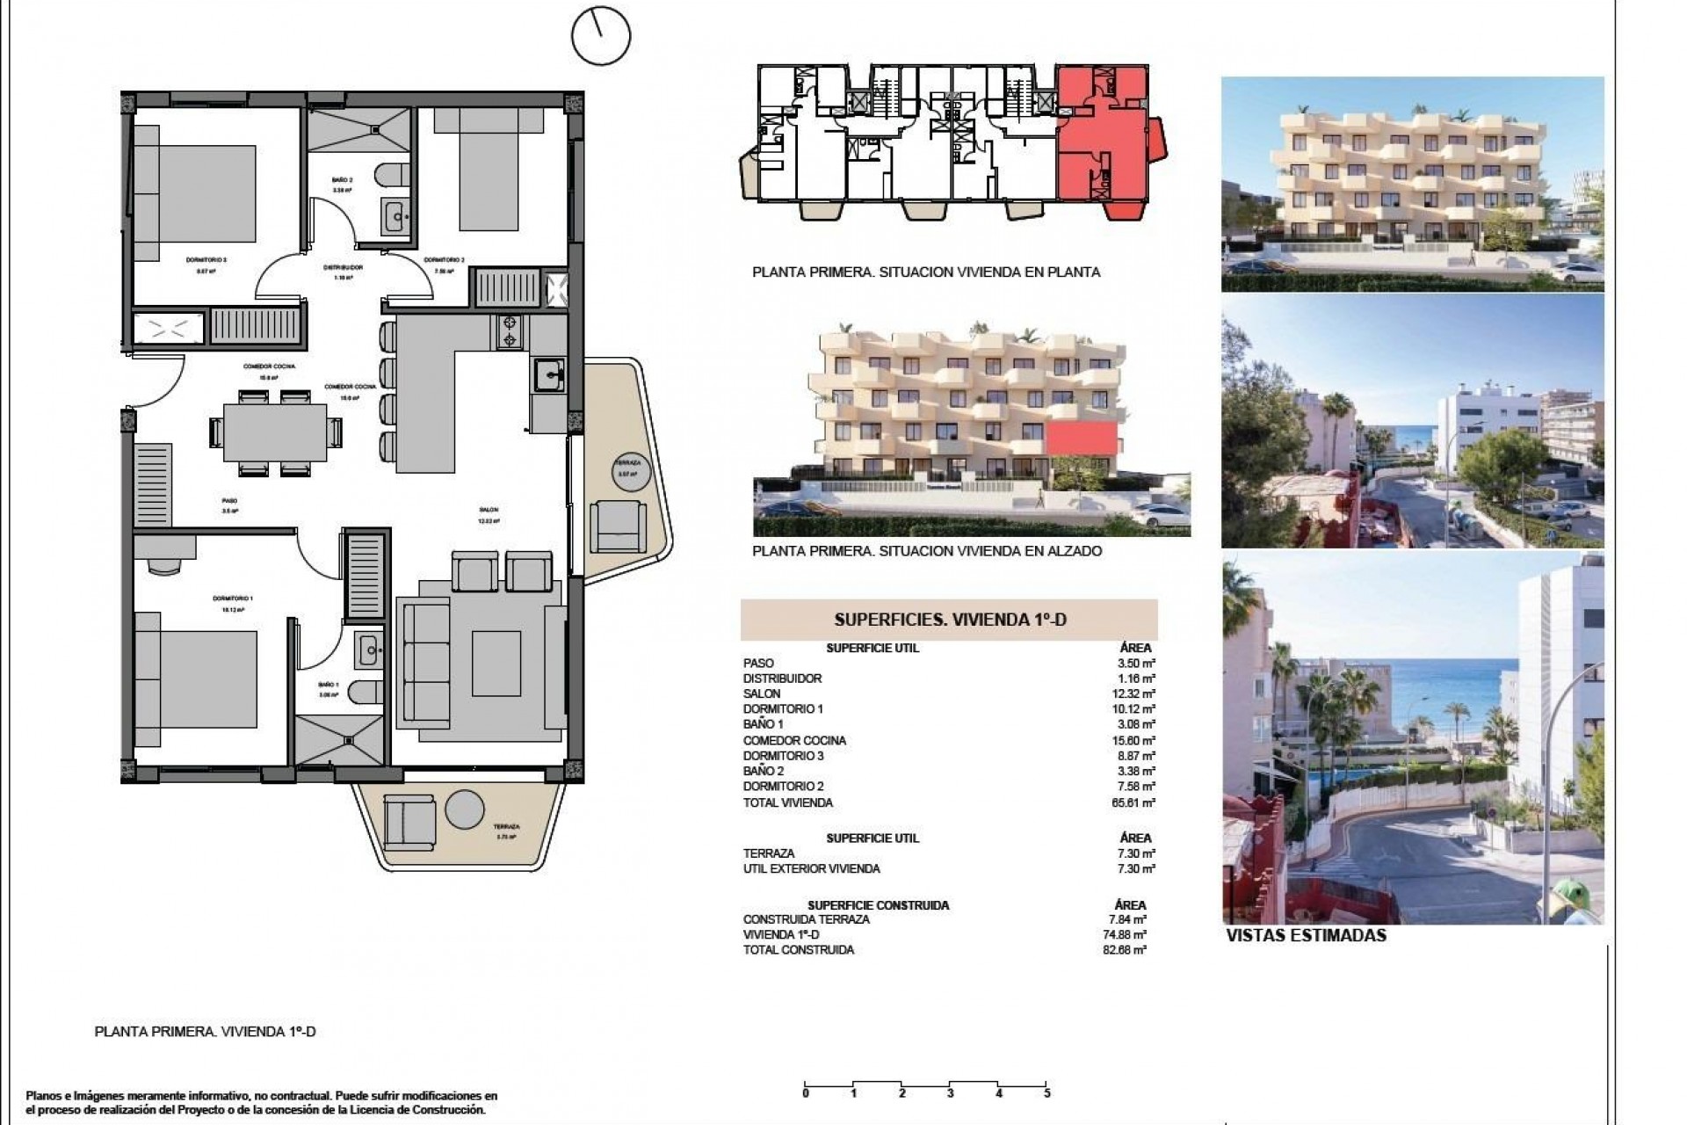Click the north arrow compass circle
601,35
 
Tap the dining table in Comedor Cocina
274,431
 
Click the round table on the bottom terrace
464,809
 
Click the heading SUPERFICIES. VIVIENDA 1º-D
949,620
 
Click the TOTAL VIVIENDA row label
787,802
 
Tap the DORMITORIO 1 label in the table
783,708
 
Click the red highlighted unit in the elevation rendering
1082,437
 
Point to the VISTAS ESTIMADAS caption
1306,935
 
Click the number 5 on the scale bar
1047,1094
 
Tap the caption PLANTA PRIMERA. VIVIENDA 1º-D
204,1032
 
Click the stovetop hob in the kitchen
509,332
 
